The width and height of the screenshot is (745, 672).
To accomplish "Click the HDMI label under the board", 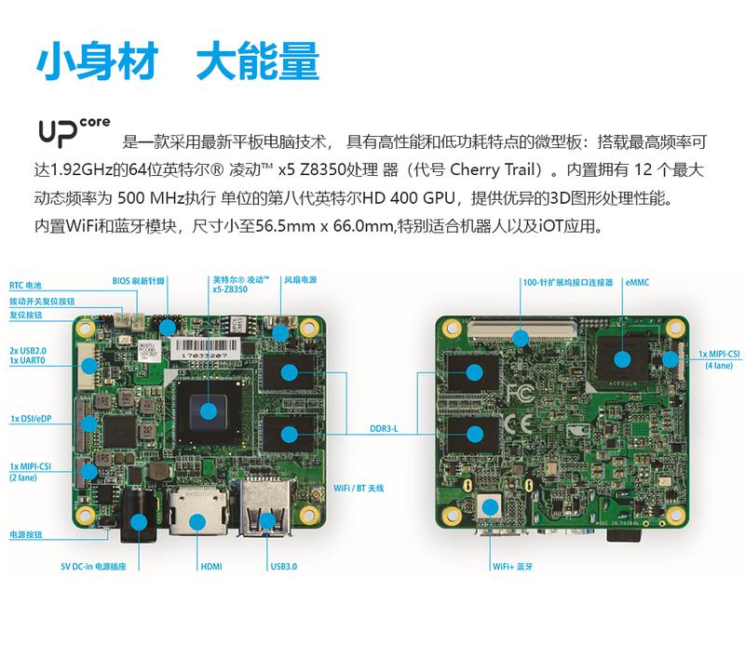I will [x=210, y=565].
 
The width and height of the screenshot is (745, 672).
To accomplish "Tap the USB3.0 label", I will [x=283, y=565].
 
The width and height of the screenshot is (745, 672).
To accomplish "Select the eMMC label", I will [x=638, y=281].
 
